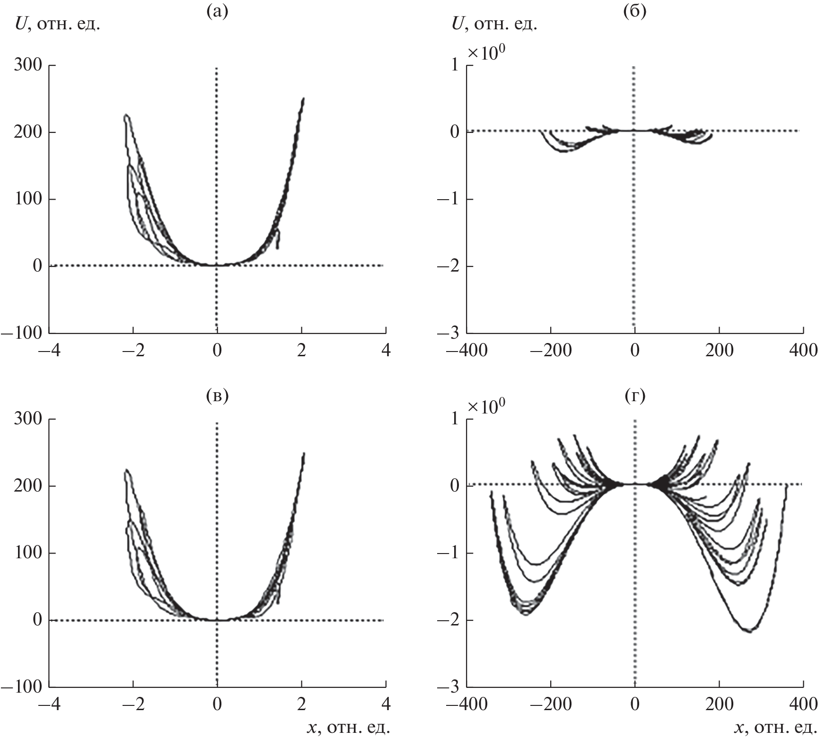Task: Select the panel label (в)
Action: (218, 396)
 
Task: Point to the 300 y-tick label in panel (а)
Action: (27, 65)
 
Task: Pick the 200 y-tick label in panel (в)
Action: (27, 486)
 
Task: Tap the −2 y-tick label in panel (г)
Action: (448, 620)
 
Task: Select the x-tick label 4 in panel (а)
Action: (386, 351)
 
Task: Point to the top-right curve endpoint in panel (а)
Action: (303, 98)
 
